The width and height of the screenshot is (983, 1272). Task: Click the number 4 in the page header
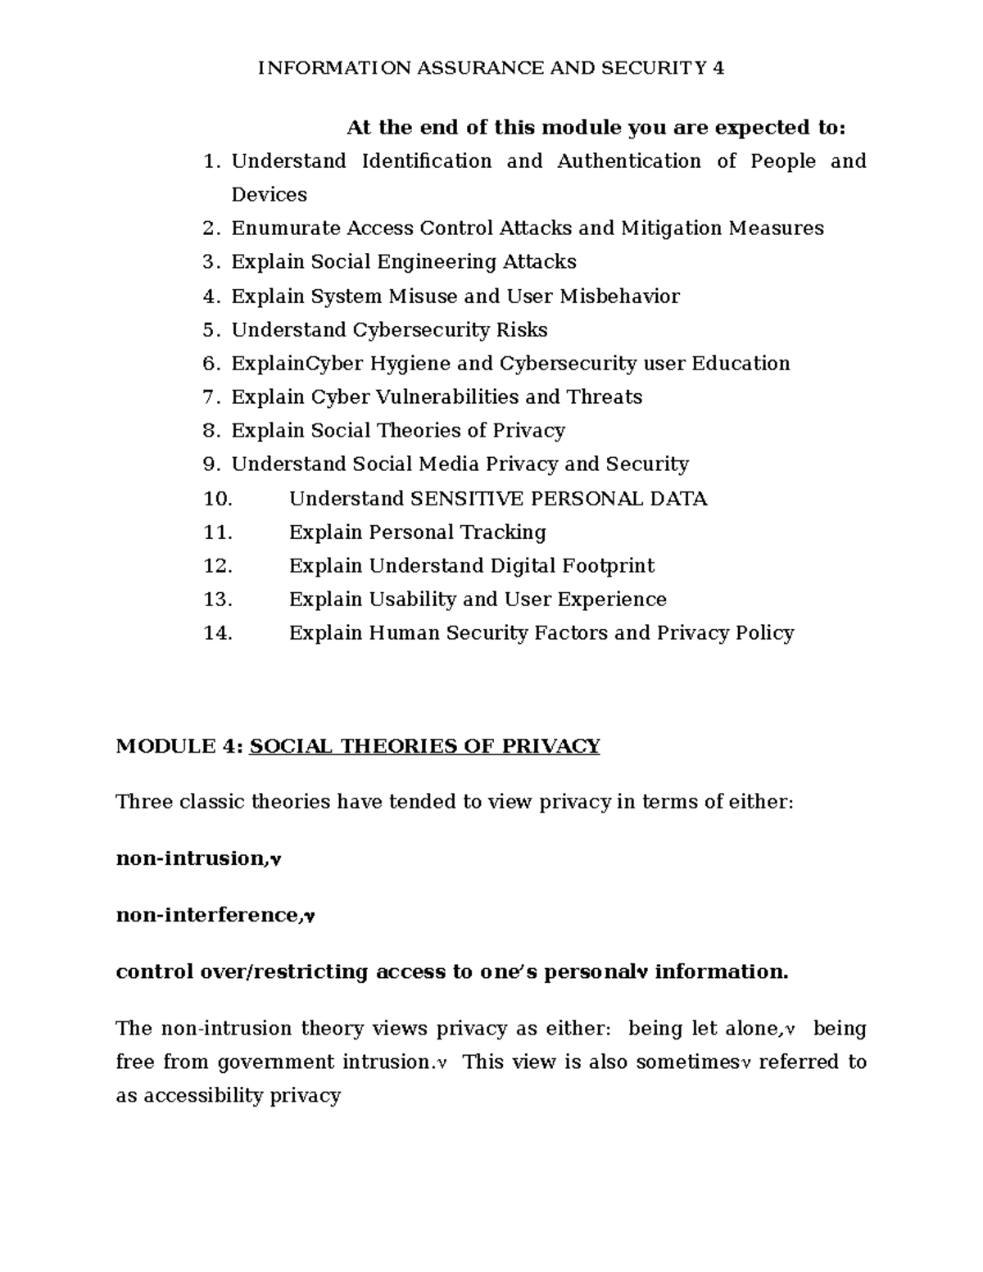(x=718, y=68)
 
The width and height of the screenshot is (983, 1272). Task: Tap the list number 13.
(x=218, y=600)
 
